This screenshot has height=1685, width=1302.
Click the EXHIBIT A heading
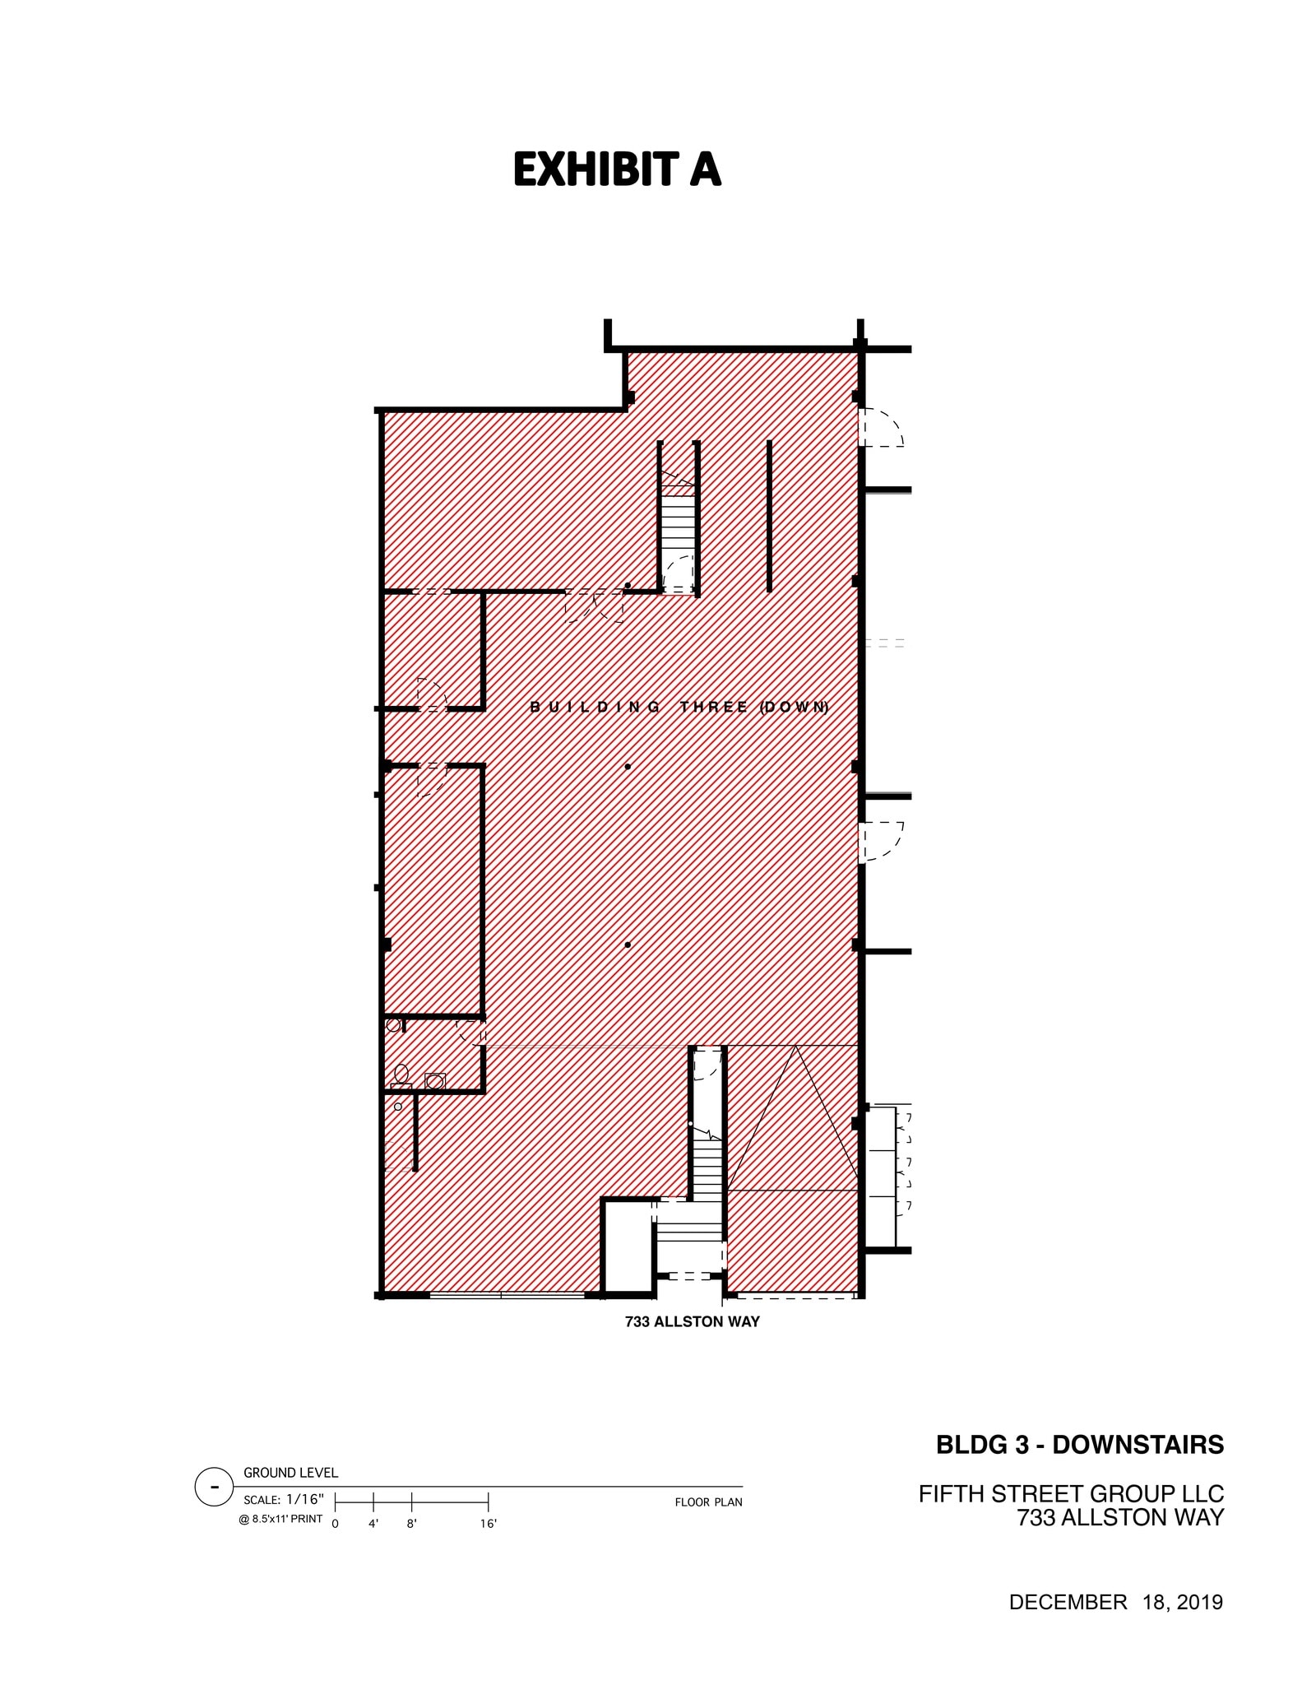point(617,170)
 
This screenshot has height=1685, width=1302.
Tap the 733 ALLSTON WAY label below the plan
point(692,1322)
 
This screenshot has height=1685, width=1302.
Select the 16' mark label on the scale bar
point(488,1524)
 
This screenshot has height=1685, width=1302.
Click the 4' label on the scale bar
point(373,1524)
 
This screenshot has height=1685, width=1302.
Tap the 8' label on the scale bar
point(411,1524)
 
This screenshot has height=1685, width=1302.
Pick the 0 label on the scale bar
point(335,1524)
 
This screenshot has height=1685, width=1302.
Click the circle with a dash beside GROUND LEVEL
point(214,1487)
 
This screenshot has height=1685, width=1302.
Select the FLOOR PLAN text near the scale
point(708,1502)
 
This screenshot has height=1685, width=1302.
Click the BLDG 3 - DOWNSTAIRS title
point(1079,1445)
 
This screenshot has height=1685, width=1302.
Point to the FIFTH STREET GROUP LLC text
point(1071,1493)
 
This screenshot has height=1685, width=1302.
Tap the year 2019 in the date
point(1199,1602)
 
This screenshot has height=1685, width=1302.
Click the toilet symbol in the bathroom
point(401,1075)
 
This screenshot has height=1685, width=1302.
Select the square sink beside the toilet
point(435,1081)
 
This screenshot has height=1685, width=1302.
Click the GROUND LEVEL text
point(290,1473)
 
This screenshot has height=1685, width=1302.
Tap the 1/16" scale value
point(305,1498)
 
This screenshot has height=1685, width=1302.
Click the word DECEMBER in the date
point(1068,1602)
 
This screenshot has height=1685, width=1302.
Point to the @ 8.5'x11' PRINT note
point(280,1519)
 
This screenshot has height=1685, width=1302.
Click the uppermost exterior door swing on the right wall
point(882,429)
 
